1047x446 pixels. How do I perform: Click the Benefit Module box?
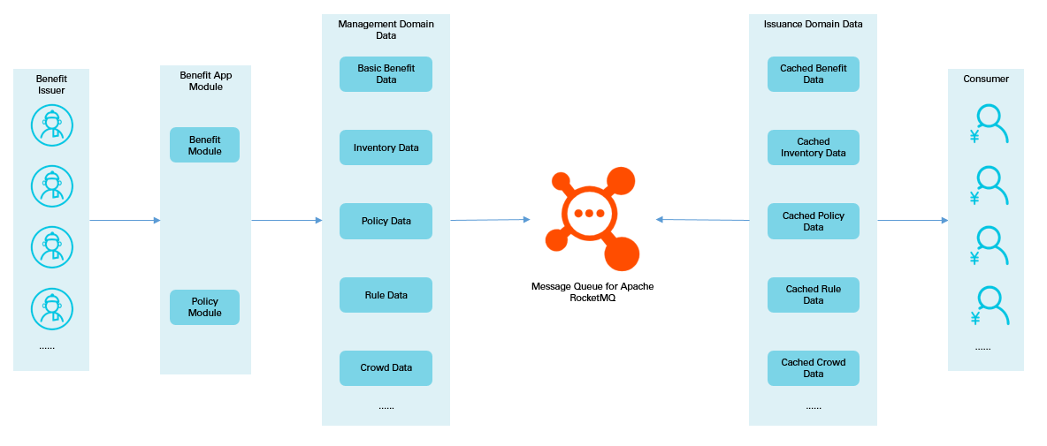[x=204, y=145]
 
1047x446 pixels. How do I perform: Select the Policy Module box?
[x=204, y=306]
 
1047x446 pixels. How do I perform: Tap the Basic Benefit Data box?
[x=386, y=74]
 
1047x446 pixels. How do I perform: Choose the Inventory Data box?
[x=386, y=147]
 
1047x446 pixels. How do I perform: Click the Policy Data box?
[x=386, y=221]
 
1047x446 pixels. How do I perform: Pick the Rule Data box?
[x=386, y=295]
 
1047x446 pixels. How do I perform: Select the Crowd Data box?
[x=386, y=368]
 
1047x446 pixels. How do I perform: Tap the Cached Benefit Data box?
[x=813, y=74]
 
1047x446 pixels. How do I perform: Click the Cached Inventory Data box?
[x=813, y=147]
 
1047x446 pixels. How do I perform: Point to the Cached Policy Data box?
[x=813, y=221]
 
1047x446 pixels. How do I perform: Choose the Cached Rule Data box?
[x=813, y=295]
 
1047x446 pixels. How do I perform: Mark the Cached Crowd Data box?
[x=813, y=368]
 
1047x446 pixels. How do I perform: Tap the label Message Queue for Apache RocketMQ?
[x=592, y=292]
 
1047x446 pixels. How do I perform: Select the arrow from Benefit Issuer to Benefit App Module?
[x=125, y=221]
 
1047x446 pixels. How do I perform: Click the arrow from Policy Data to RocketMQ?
[x=490, y=220]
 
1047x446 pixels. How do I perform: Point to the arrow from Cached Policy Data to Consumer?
[x=912, y=221]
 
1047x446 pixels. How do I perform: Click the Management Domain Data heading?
[x=386, y=29]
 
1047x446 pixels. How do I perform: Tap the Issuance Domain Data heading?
[x=813, y=24]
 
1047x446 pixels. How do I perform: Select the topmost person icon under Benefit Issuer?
[x=52, y=125]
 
